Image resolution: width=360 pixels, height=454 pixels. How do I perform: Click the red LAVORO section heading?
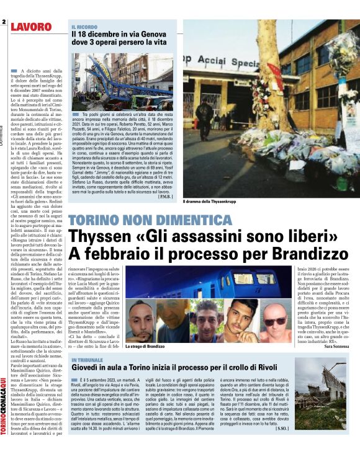(x=31, y=27)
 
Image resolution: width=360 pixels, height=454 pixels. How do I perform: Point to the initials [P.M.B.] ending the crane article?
(x=166, y=197)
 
